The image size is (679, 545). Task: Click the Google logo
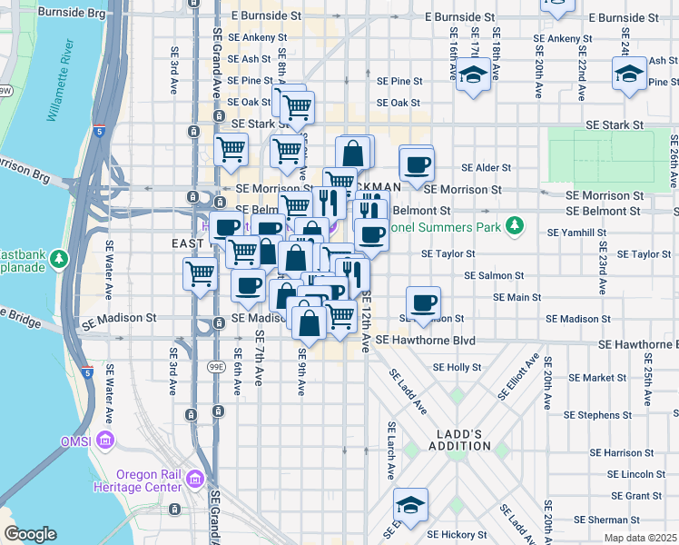(30, 534)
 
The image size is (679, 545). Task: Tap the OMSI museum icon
(105, 441)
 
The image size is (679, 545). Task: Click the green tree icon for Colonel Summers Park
(515, 223)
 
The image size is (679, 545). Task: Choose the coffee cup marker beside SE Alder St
(417, 166)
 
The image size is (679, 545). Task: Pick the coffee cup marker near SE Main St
(422, 303)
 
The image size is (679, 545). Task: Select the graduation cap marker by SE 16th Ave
(473, 75)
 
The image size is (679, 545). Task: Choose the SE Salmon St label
(494, 275)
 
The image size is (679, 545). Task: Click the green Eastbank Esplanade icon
(60, 260)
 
